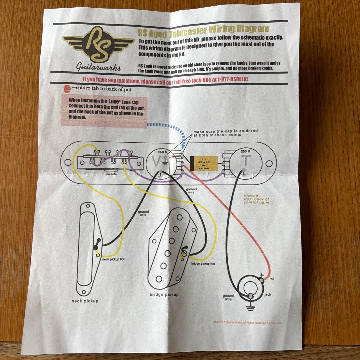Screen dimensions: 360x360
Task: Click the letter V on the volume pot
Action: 156,162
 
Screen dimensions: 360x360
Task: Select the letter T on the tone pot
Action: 245,161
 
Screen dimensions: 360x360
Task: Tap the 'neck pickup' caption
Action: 85,301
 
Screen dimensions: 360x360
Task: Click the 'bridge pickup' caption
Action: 164,295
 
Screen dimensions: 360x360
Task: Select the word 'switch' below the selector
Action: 111,174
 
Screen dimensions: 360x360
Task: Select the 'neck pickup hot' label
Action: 113,259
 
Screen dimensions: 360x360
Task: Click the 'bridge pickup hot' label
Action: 203,263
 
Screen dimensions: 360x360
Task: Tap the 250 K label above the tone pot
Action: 245,151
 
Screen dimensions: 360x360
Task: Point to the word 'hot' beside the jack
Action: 272,278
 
